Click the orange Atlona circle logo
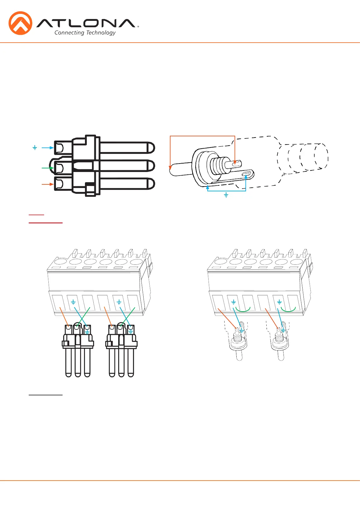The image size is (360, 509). point(21,23)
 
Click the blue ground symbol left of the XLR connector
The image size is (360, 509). point(34,148)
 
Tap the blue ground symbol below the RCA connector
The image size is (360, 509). point(226,195)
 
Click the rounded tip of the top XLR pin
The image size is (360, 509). point(152,148)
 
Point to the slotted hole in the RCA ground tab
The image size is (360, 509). point(246,174)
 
